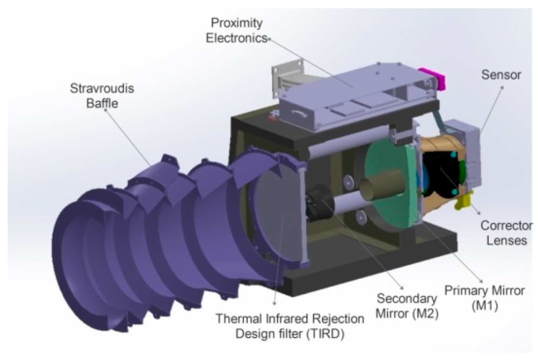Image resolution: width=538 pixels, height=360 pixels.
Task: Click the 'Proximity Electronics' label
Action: coord(237,31)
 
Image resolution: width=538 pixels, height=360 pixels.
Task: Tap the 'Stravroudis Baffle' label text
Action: coord(102,96)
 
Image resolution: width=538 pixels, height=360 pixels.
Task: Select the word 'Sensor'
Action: coord(501,75)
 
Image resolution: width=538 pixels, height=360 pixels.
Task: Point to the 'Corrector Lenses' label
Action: coord(506,233)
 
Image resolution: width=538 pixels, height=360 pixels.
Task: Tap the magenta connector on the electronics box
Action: coord(432,78)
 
